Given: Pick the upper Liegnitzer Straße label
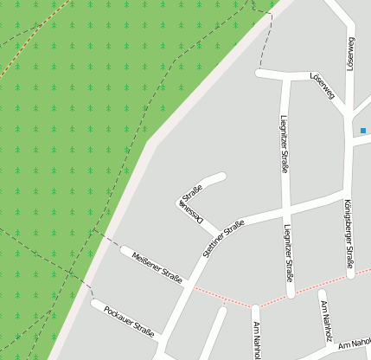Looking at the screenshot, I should click(x=285, y=143).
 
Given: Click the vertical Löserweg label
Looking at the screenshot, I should click(x=353, y=54).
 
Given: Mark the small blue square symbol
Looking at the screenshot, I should click(x=363, y=131).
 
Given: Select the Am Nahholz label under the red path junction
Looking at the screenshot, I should click(x=257, y=340).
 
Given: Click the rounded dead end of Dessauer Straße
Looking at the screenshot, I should click(x=222, y=177).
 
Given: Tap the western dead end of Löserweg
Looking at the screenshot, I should click(x=259, y=74).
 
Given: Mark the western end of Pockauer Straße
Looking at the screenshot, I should click(x=94, y=305).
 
